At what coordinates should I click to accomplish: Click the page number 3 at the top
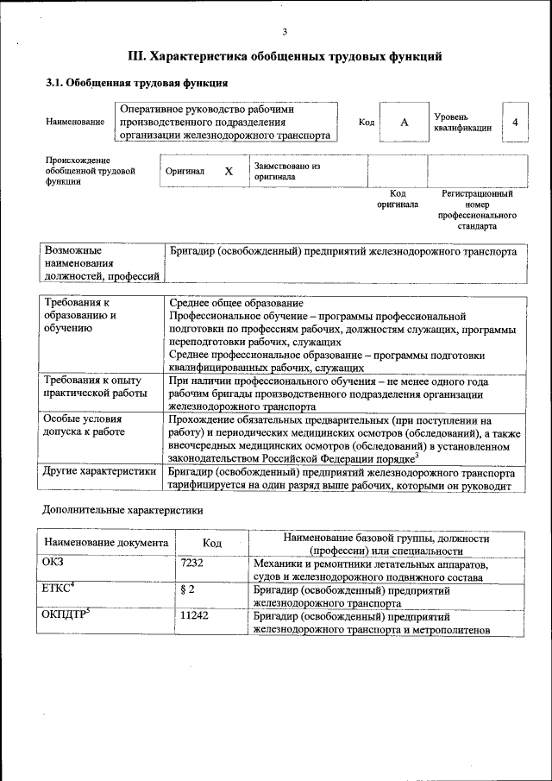coord(284,32)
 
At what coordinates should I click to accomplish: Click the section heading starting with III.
coord(285,57)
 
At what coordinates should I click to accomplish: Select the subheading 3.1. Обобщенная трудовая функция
coord(136,84)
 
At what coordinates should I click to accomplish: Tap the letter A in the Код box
coord(404,123)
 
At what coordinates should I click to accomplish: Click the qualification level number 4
coord(515,123)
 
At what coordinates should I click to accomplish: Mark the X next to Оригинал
coord(229,171)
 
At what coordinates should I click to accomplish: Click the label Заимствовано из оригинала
coord(286,171)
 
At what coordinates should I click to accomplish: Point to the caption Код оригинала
coord(398,199)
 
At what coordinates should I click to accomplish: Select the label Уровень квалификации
coord(463,122)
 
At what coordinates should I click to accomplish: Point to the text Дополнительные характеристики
coord(123,510)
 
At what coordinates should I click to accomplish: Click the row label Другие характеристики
coord(99,472)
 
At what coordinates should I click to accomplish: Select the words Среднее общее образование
coord(235,303)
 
